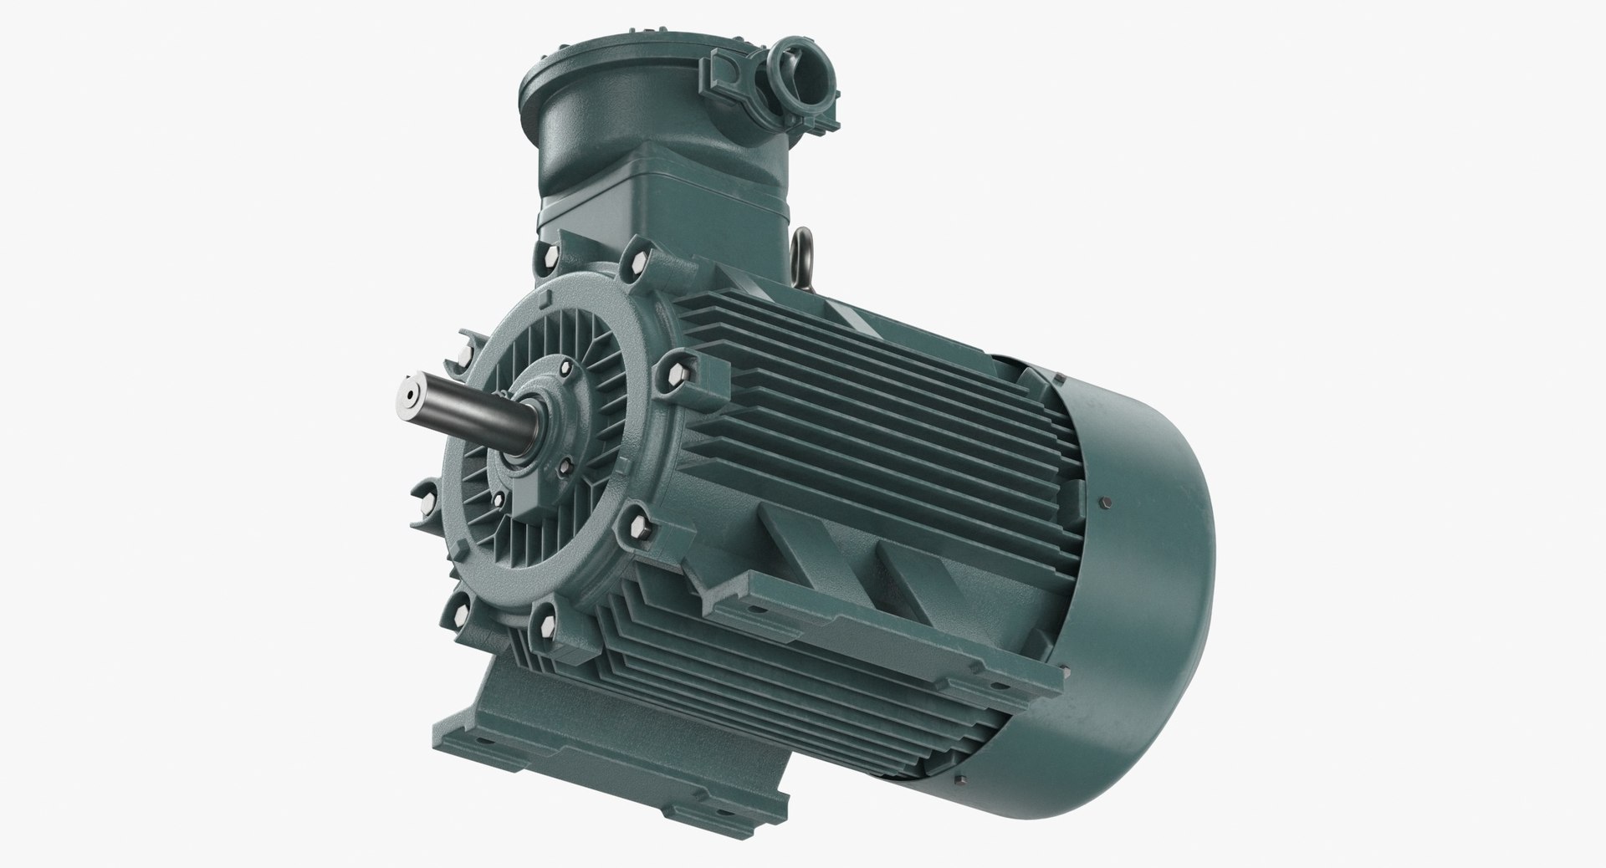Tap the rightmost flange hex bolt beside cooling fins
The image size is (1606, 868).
point(674,376)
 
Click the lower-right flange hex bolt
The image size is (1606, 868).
point(638,527)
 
